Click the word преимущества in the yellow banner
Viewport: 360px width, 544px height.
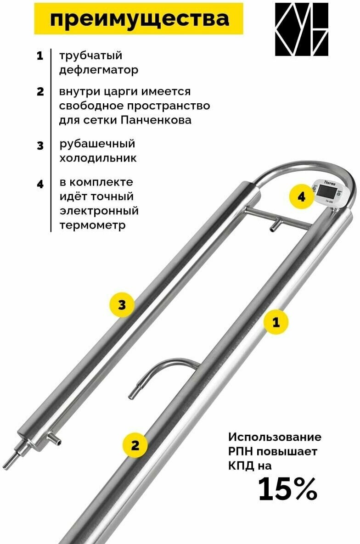(139, 19)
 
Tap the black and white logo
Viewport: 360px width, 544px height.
(302, 29)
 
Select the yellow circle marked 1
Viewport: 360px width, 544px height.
(276, 322)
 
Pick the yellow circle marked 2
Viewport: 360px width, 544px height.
(135, 445)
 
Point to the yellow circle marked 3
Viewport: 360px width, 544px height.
(122, 306)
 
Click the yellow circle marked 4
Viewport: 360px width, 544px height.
(301, 197)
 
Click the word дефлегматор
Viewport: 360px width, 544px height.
(98, 70)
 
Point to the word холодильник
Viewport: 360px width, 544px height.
(98, 158)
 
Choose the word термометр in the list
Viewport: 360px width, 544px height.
(92, 226)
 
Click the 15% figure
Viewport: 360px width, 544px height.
(287, 489)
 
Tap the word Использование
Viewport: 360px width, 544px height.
(275, 437)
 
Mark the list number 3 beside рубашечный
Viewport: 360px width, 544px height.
(40, 146)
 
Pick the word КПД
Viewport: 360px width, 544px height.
(242, 465)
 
